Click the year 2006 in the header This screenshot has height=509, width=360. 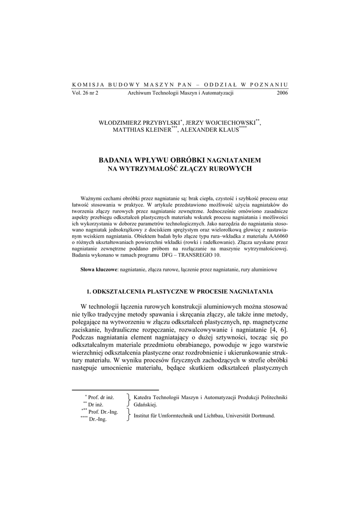click(x=281, y=93)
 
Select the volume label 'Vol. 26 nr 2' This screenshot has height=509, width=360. click(x=85, y=93)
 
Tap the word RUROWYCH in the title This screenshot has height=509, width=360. click(x=233, y=169)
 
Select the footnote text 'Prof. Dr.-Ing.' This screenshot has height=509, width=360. click(x=103, y=412)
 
